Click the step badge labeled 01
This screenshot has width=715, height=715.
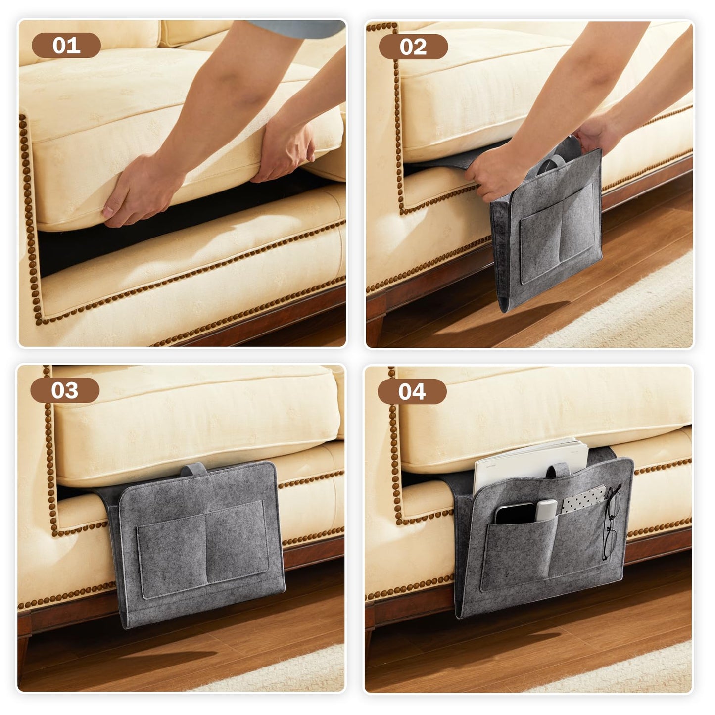tap(66, 46)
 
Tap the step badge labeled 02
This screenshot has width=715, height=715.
tap(413, 47)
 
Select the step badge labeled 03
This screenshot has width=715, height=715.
tap(65, 390)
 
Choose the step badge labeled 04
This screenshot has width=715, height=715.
tap(412, 392)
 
